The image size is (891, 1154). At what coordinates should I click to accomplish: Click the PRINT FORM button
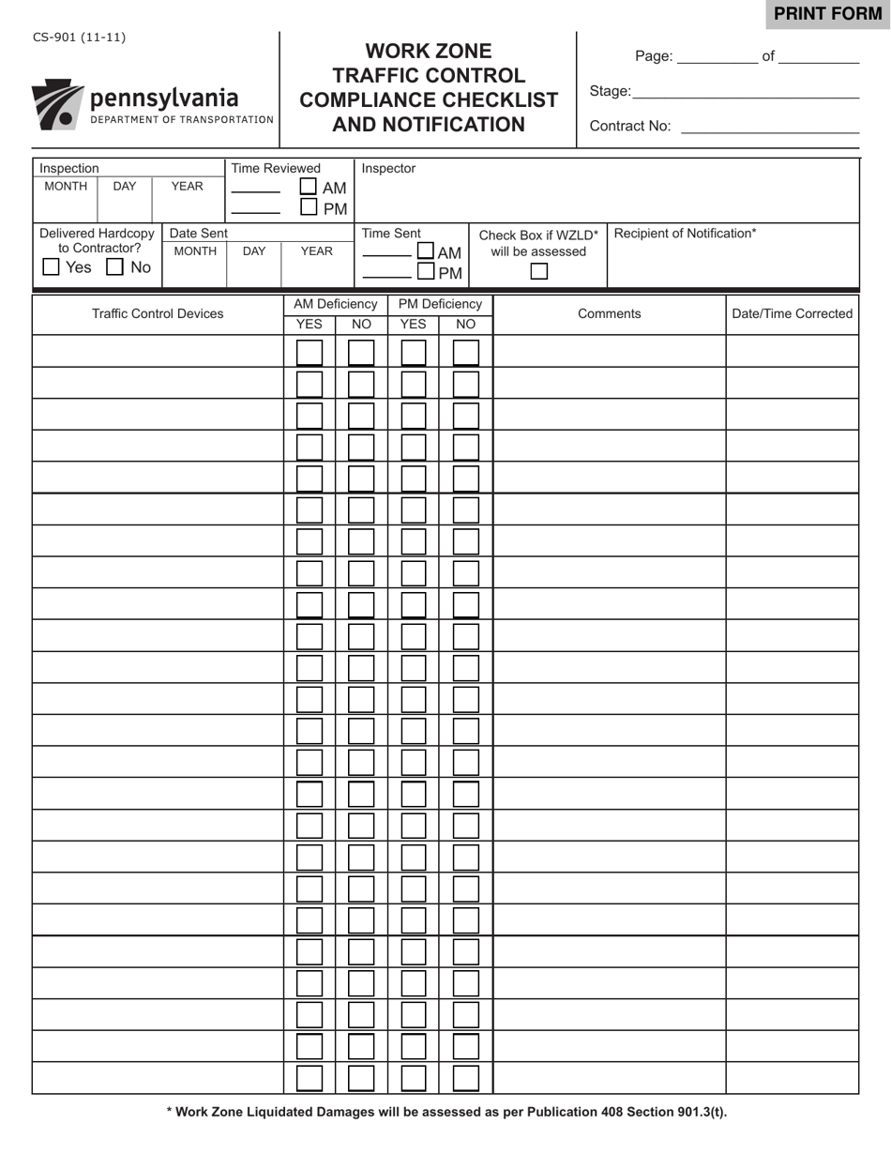coord(828,14)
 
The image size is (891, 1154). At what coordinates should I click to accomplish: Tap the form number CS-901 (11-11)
coord(79,38)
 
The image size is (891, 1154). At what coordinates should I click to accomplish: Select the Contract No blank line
coord(769,127)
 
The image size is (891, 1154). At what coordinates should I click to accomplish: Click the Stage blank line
coord(746,92)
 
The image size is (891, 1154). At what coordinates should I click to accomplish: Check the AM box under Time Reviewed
coord(309,187)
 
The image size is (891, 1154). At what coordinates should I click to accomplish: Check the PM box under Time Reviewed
coord(309,207)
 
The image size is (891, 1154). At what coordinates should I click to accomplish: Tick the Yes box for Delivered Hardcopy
coord(52,267)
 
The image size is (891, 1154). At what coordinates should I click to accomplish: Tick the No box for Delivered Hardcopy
coord(114,267)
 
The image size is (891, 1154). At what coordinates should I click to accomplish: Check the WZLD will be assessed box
coord(539,271)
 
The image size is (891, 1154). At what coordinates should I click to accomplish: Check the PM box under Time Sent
coord(426,272)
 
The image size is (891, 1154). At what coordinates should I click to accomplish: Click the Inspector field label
coord(388,169)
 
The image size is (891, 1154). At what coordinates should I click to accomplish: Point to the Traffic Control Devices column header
coord(158,314)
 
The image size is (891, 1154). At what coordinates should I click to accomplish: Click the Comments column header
coord(610,314)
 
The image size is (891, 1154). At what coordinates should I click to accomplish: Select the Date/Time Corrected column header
coord(793,314)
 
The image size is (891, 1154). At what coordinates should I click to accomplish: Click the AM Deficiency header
coord(335,304)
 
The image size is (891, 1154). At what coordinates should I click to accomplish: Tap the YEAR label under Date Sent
coord(316,251)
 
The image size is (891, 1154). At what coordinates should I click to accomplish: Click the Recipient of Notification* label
coord(685,234)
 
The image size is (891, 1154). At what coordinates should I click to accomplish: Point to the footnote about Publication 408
coord(446,1113)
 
